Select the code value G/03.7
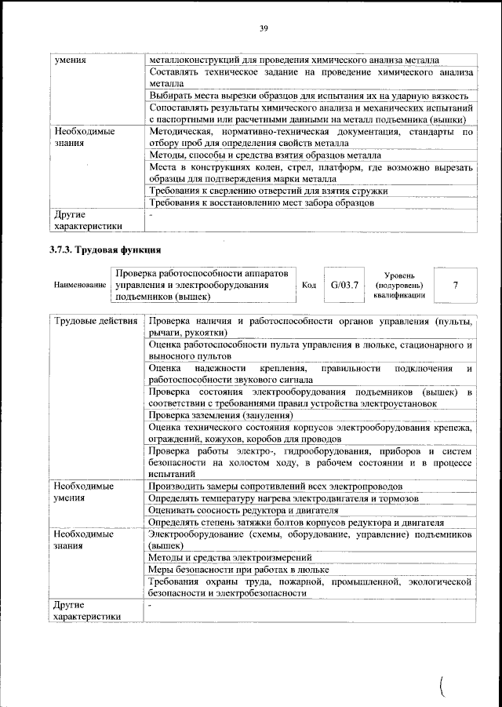tap(344, 284)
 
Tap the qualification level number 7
tap(455, 284)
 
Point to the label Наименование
tap(79, 285)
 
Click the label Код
tap(309, 285)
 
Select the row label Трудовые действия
tap(96, 322)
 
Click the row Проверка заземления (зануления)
tap(220, 415)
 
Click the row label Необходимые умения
tap(85, 492)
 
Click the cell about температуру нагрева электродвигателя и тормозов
tap(283, 498)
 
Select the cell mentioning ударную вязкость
tap(302, 95)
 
